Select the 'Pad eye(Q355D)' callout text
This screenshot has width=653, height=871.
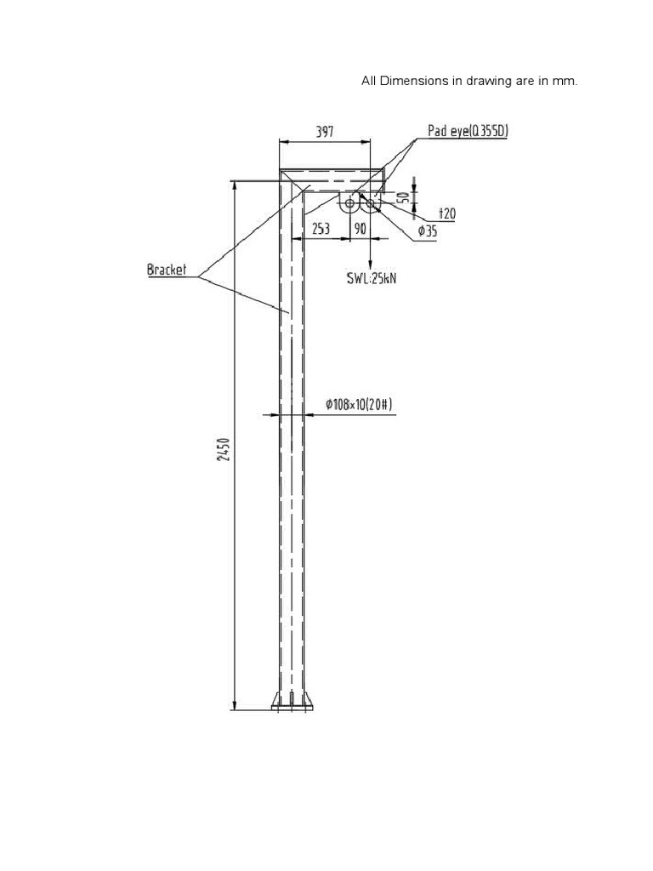click(468, 131)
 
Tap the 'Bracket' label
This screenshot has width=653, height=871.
click(167, 270)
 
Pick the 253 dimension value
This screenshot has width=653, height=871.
click(321, 228)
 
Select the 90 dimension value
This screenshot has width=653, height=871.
click(360, 228)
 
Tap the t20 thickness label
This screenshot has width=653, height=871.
click(446, 213)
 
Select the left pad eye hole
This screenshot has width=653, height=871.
click(349, 202)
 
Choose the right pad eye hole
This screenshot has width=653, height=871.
click(371, 202)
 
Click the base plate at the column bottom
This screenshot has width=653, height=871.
click(292, 707)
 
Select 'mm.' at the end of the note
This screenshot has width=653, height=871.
click(566, 82)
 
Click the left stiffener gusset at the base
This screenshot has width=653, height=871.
click(276, 700)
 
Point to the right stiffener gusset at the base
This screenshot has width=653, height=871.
click(309, 700)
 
